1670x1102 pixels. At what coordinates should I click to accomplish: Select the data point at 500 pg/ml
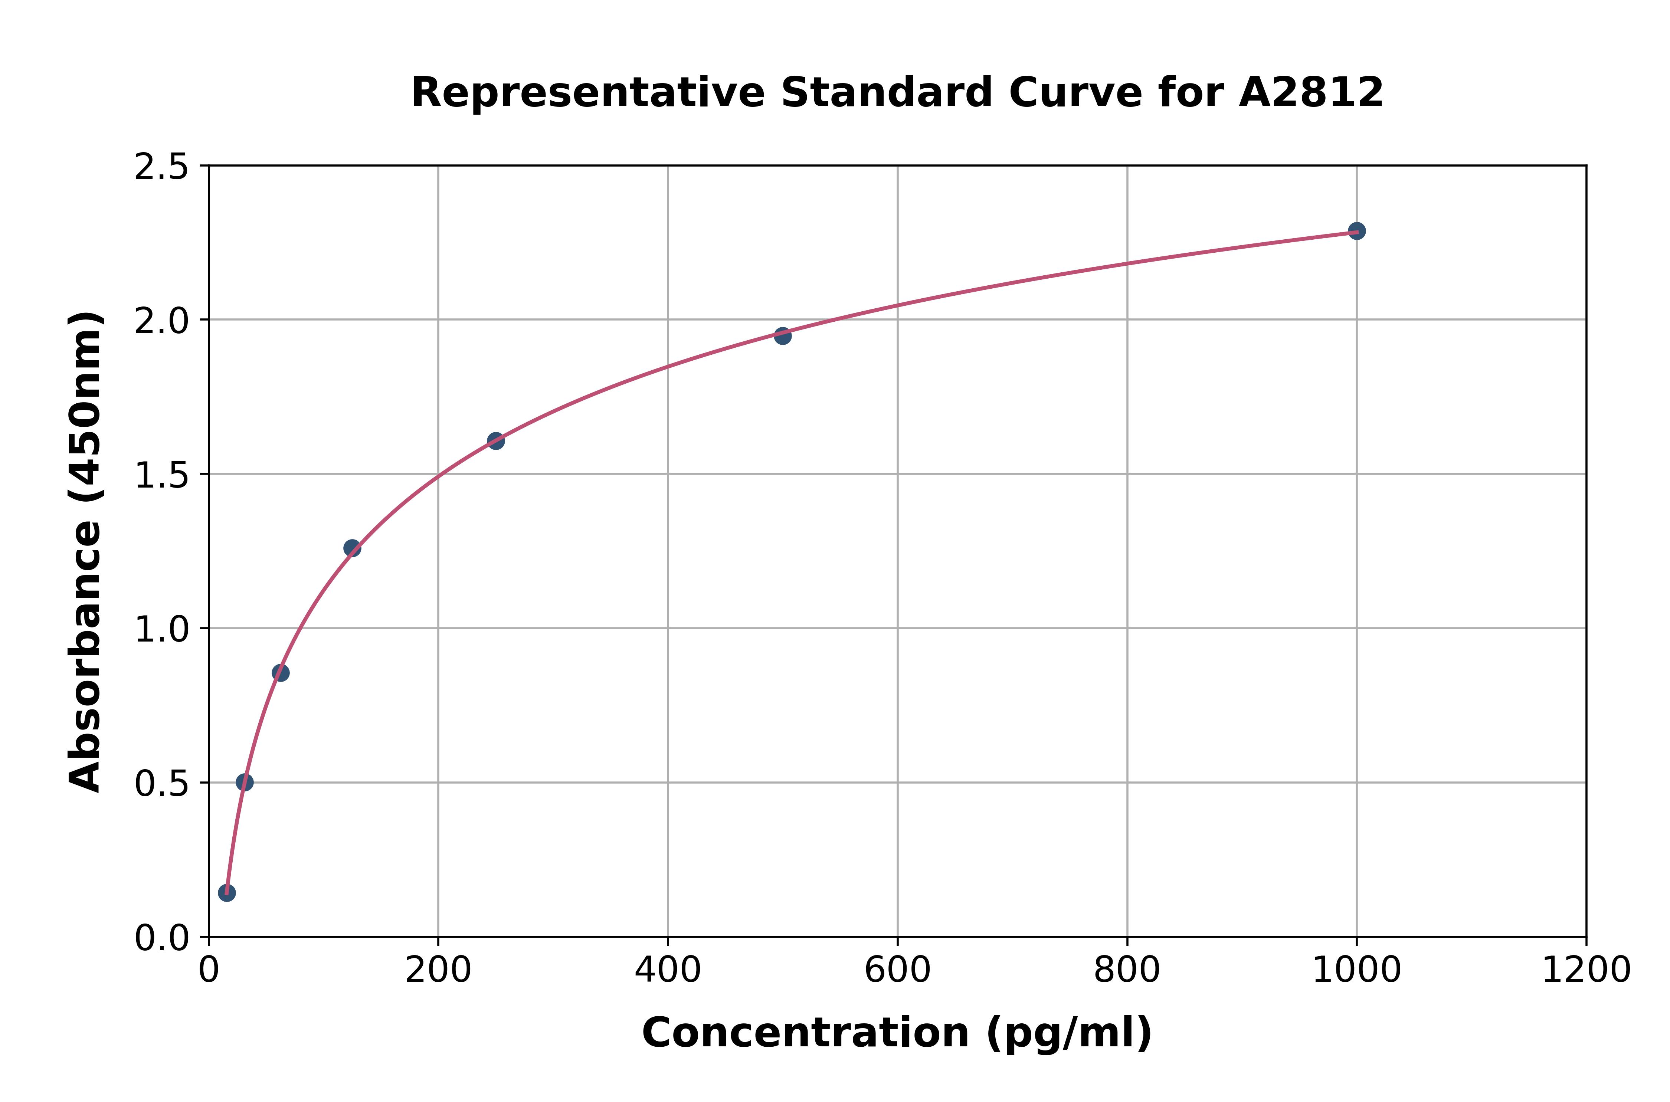[782, 335]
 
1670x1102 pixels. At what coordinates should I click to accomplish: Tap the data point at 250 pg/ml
[495, 441]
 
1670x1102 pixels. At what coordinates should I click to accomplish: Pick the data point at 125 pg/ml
[352, 548]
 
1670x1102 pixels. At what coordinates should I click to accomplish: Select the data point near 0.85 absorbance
[281, 673]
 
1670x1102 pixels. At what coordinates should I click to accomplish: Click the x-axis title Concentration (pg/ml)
[897, 1033]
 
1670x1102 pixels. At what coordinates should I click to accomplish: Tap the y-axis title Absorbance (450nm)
[86, 552]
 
